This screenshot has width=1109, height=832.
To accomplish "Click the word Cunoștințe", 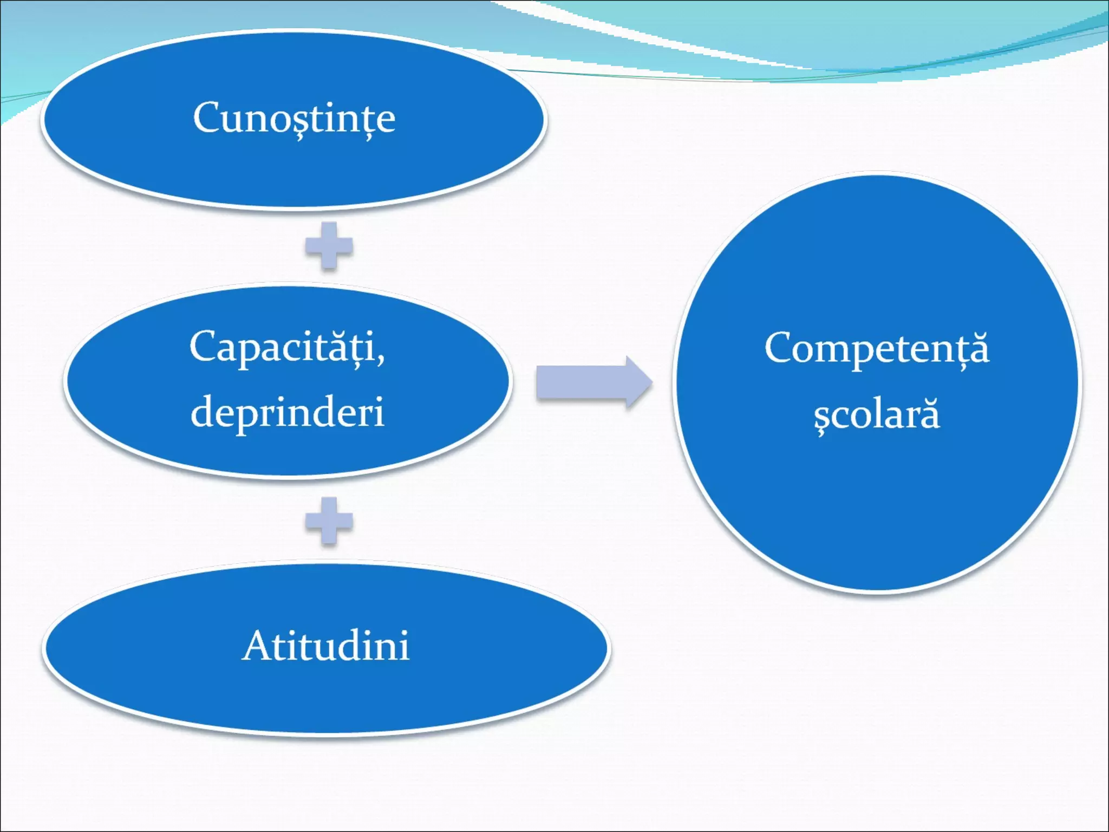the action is (x=294, y=118).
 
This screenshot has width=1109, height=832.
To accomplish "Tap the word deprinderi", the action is (x=287, y=412).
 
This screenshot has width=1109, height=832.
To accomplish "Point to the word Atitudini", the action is (x=325, y=646).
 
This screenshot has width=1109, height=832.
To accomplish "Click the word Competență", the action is (x=876, y=348).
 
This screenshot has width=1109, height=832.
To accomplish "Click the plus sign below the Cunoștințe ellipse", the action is (x=329, y=246).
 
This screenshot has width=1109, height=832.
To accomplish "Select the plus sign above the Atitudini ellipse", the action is (x=329, y=521).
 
